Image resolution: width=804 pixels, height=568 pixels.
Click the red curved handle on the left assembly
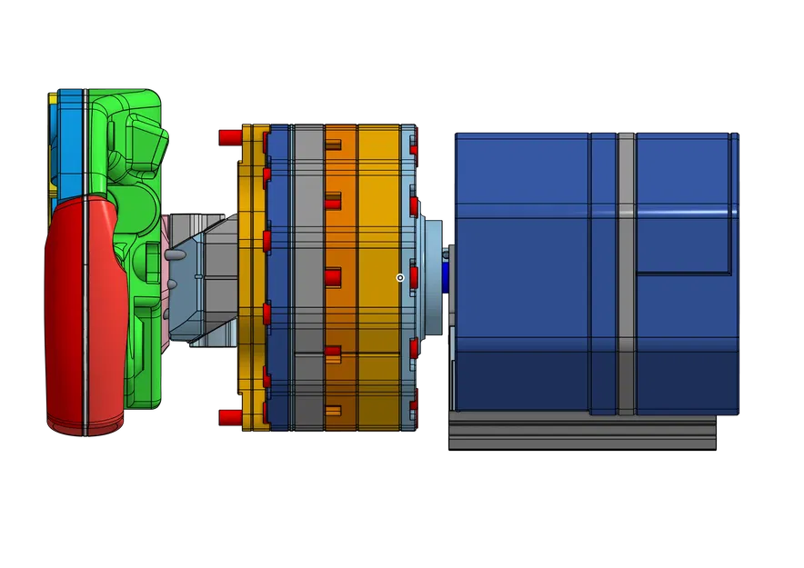tap(86, 309)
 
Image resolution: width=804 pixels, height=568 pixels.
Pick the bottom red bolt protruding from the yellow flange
tap(229, 417)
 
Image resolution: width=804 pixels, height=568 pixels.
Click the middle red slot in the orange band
tap(333, 274)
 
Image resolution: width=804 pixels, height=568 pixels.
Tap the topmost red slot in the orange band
tap(333, 144)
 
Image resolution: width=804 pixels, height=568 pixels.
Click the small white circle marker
tap(400, 277)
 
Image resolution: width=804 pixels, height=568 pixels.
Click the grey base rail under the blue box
tap(582, 432)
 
